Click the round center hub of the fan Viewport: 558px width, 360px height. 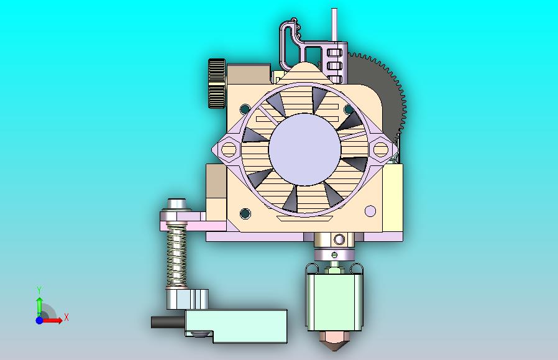click(304, 149)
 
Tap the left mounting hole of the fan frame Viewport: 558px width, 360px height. click(228, 149)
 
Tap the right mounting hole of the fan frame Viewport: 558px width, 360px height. click(380, 149)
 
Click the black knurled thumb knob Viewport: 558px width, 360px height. click(216, 83)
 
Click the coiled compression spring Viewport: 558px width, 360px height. click(177, 255)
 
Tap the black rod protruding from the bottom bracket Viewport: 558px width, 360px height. click(167, 322)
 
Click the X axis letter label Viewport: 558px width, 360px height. click(66, 318)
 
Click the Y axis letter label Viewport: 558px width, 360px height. click(39, 290)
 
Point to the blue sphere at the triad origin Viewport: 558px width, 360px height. click(39, 320)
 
